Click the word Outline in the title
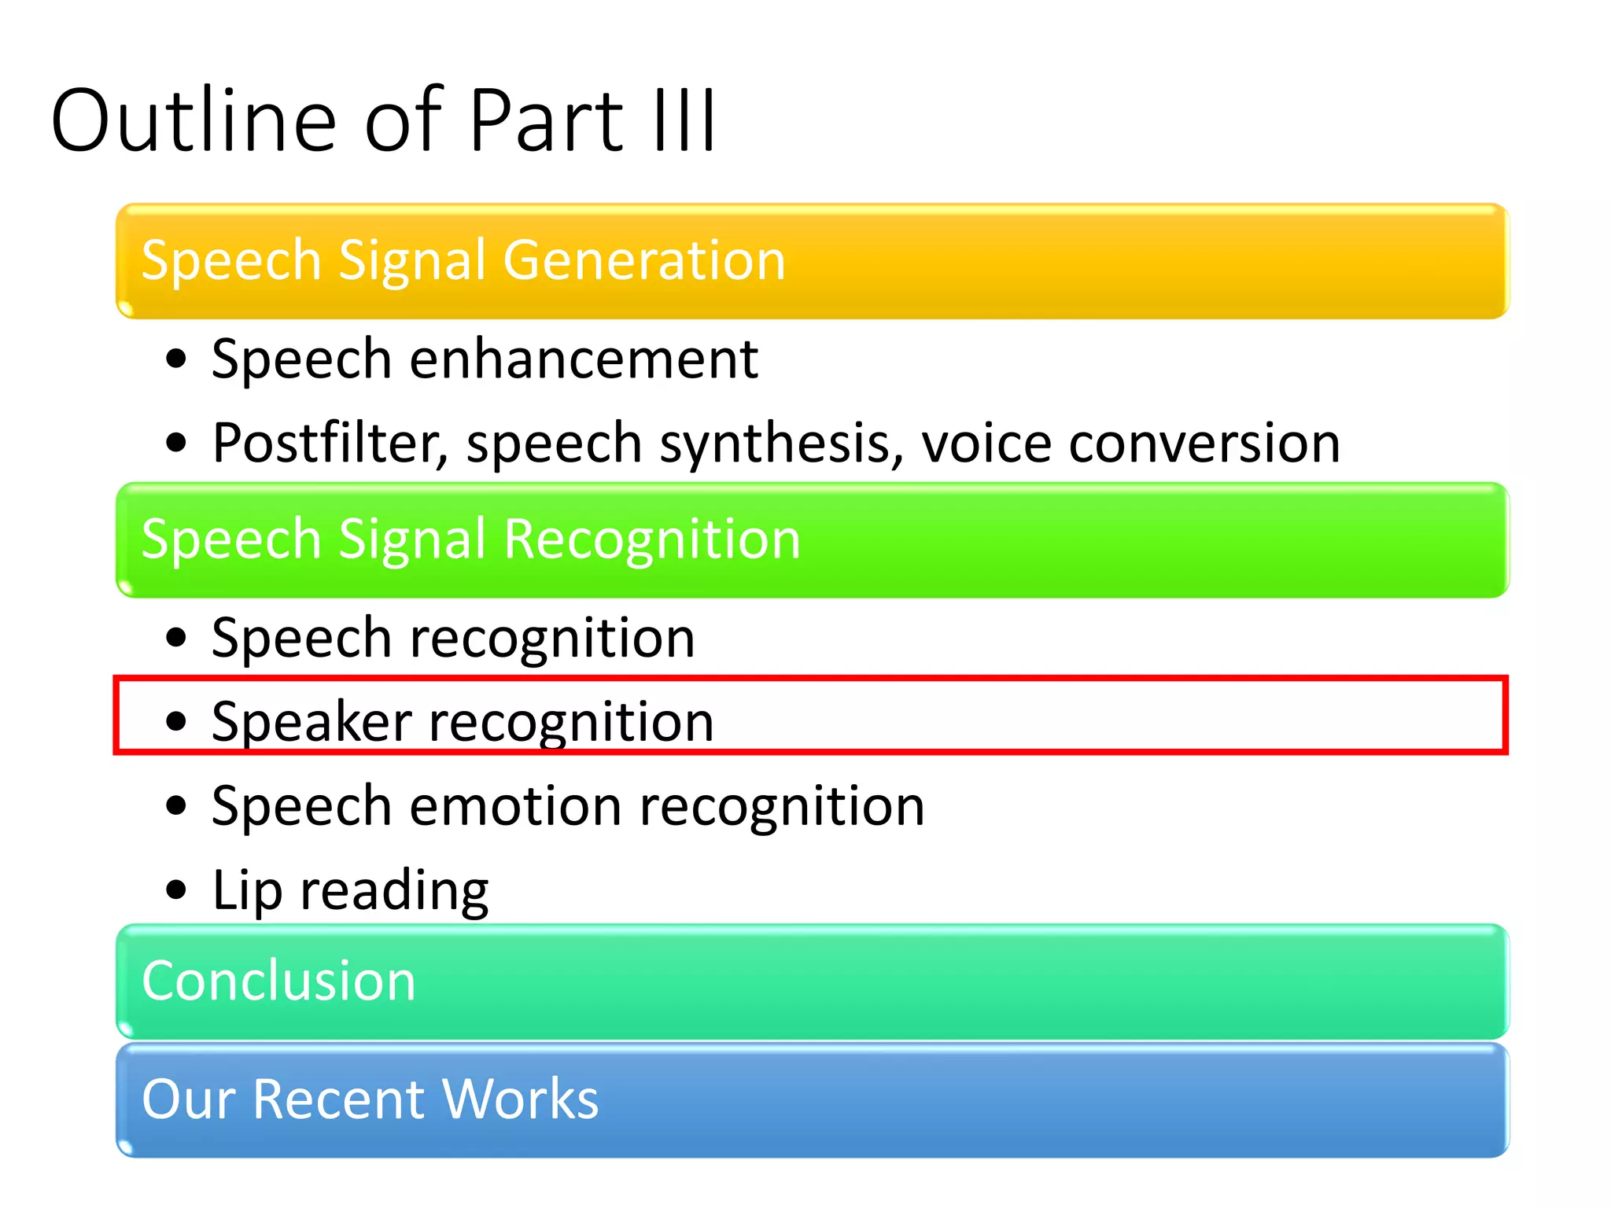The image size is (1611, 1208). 194,120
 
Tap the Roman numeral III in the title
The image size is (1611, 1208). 685,120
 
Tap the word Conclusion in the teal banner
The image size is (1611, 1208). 278,981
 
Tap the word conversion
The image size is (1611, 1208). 1204,443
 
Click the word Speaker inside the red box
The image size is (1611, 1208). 312,721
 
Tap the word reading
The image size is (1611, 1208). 394,891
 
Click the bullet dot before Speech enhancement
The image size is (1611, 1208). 177,360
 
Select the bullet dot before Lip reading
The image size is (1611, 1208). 177,890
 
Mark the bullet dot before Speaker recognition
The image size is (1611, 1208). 177,721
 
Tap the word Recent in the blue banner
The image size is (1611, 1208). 339,1099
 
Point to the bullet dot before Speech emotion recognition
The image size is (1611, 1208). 177,806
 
